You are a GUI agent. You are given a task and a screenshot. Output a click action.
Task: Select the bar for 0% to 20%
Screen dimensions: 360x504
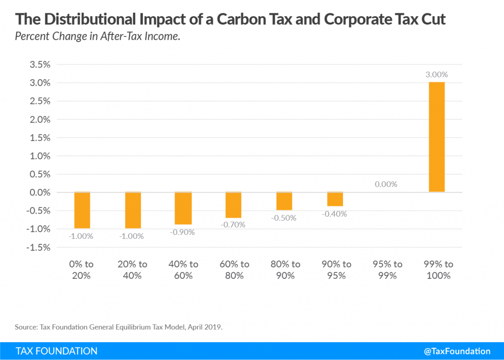[x=82, y=210]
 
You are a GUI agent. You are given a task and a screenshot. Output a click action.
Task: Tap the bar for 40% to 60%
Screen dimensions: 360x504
[x=183, y=208]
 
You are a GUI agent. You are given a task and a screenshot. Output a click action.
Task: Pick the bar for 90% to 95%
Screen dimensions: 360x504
[x=335, y=199]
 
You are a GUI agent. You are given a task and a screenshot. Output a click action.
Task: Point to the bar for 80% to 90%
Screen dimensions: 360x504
[x=284, y=201]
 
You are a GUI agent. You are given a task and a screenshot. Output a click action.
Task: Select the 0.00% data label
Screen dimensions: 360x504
[x=385, y=184]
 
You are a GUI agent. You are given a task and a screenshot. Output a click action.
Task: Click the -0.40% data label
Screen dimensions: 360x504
[x=335, y=214]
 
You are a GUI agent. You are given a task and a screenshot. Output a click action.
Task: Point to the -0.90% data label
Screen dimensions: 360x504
[x=183, y=232]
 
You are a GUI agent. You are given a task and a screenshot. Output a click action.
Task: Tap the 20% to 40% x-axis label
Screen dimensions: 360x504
[x=132, y=270]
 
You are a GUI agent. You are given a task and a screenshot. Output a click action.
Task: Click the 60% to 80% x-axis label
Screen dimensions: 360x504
[x=234, y=270]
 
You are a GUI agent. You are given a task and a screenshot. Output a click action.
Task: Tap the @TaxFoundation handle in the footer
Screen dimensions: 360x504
[x=457, y=351]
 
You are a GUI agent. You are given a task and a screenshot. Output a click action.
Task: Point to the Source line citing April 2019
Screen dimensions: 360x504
[x=119, y=327]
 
